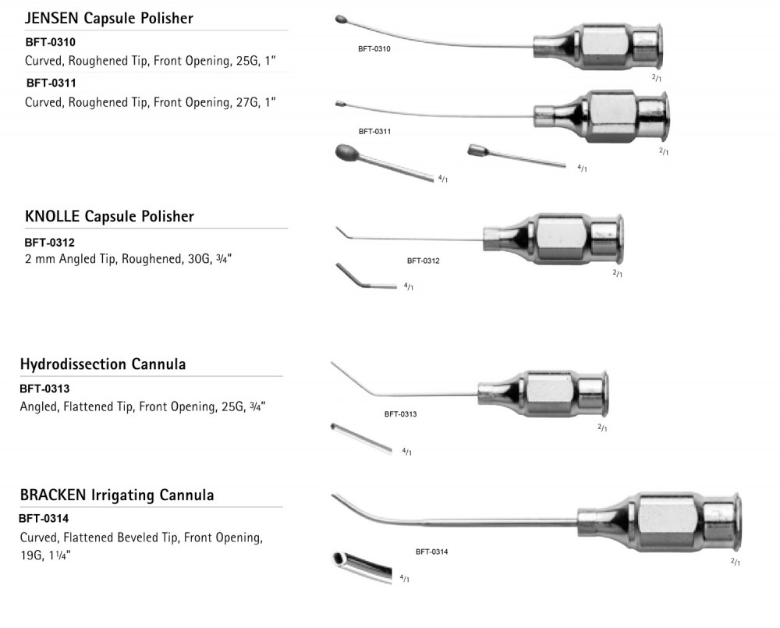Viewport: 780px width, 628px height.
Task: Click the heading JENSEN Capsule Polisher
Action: coord(108,18)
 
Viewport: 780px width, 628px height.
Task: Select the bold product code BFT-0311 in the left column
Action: coord(50,81)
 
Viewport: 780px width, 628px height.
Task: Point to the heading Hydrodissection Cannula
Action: coord(102,364)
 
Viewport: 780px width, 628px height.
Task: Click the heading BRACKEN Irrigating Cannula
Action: coord(117,495)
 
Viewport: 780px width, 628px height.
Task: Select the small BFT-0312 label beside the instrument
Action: coord(423,261)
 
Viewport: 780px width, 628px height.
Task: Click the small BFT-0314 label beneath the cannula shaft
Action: coord(431,552)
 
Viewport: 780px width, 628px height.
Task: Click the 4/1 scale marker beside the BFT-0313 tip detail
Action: coord(406,452)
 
